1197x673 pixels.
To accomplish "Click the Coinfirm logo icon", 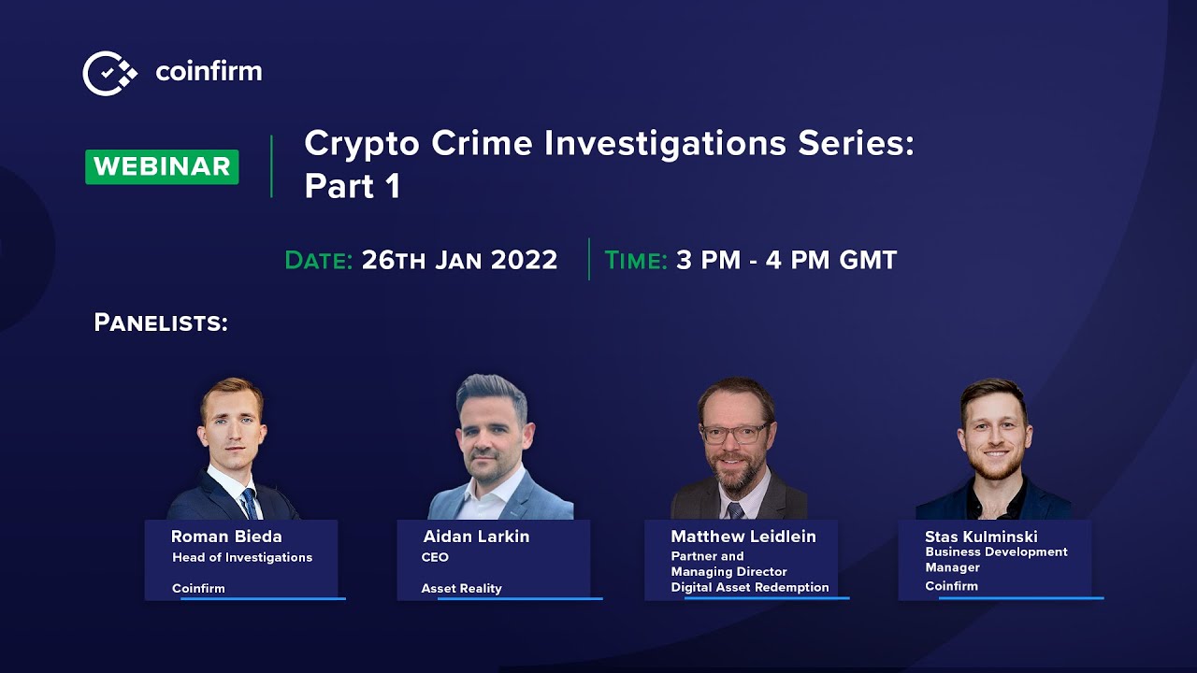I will coord(109,73).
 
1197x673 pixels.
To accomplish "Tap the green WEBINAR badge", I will coord(162,166).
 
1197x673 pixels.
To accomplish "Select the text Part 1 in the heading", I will coord(353,186).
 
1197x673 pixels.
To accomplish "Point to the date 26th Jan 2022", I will coord(459,260).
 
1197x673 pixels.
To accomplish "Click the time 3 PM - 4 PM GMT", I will coord(786,260).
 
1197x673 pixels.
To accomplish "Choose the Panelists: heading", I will coord(161,323).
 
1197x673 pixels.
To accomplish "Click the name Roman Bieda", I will coord(226,537).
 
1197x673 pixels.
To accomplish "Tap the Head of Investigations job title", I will coord(242,557).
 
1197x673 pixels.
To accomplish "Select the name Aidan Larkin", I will coord(476,537).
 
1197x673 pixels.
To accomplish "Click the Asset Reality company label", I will coord(461,588).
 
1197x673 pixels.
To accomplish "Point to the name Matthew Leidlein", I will coord(743,537).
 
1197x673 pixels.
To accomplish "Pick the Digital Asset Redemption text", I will coord(750,587).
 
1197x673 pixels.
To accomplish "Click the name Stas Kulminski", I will coord(981,537).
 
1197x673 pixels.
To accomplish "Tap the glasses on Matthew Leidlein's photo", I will coord(735,434).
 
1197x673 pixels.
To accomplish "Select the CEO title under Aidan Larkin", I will coord(435,557).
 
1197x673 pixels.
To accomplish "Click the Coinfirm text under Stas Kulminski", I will coord(951,586).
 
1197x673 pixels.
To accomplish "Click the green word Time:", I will coord(636,260).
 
